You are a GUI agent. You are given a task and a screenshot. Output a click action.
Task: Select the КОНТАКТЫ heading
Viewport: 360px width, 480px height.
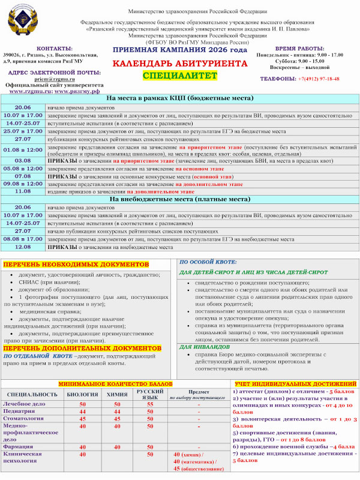55,48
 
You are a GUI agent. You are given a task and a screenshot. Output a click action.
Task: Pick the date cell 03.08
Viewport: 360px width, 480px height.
23,161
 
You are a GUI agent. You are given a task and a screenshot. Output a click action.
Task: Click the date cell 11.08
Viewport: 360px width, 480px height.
23,191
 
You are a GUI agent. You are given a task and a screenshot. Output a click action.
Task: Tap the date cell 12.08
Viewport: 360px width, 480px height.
23,246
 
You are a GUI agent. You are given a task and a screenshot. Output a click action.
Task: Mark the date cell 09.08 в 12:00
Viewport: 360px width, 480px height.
23,184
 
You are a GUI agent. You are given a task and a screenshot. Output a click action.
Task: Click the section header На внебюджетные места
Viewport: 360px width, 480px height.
180,199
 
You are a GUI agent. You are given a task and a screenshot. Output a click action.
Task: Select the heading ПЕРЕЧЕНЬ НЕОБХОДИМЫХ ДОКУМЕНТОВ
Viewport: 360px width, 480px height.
74,264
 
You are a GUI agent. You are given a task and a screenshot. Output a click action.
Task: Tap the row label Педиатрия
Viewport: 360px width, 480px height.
19,412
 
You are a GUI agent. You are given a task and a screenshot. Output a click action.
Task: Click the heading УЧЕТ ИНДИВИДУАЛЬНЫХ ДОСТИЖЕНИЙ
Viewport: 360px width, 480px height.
296,383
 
